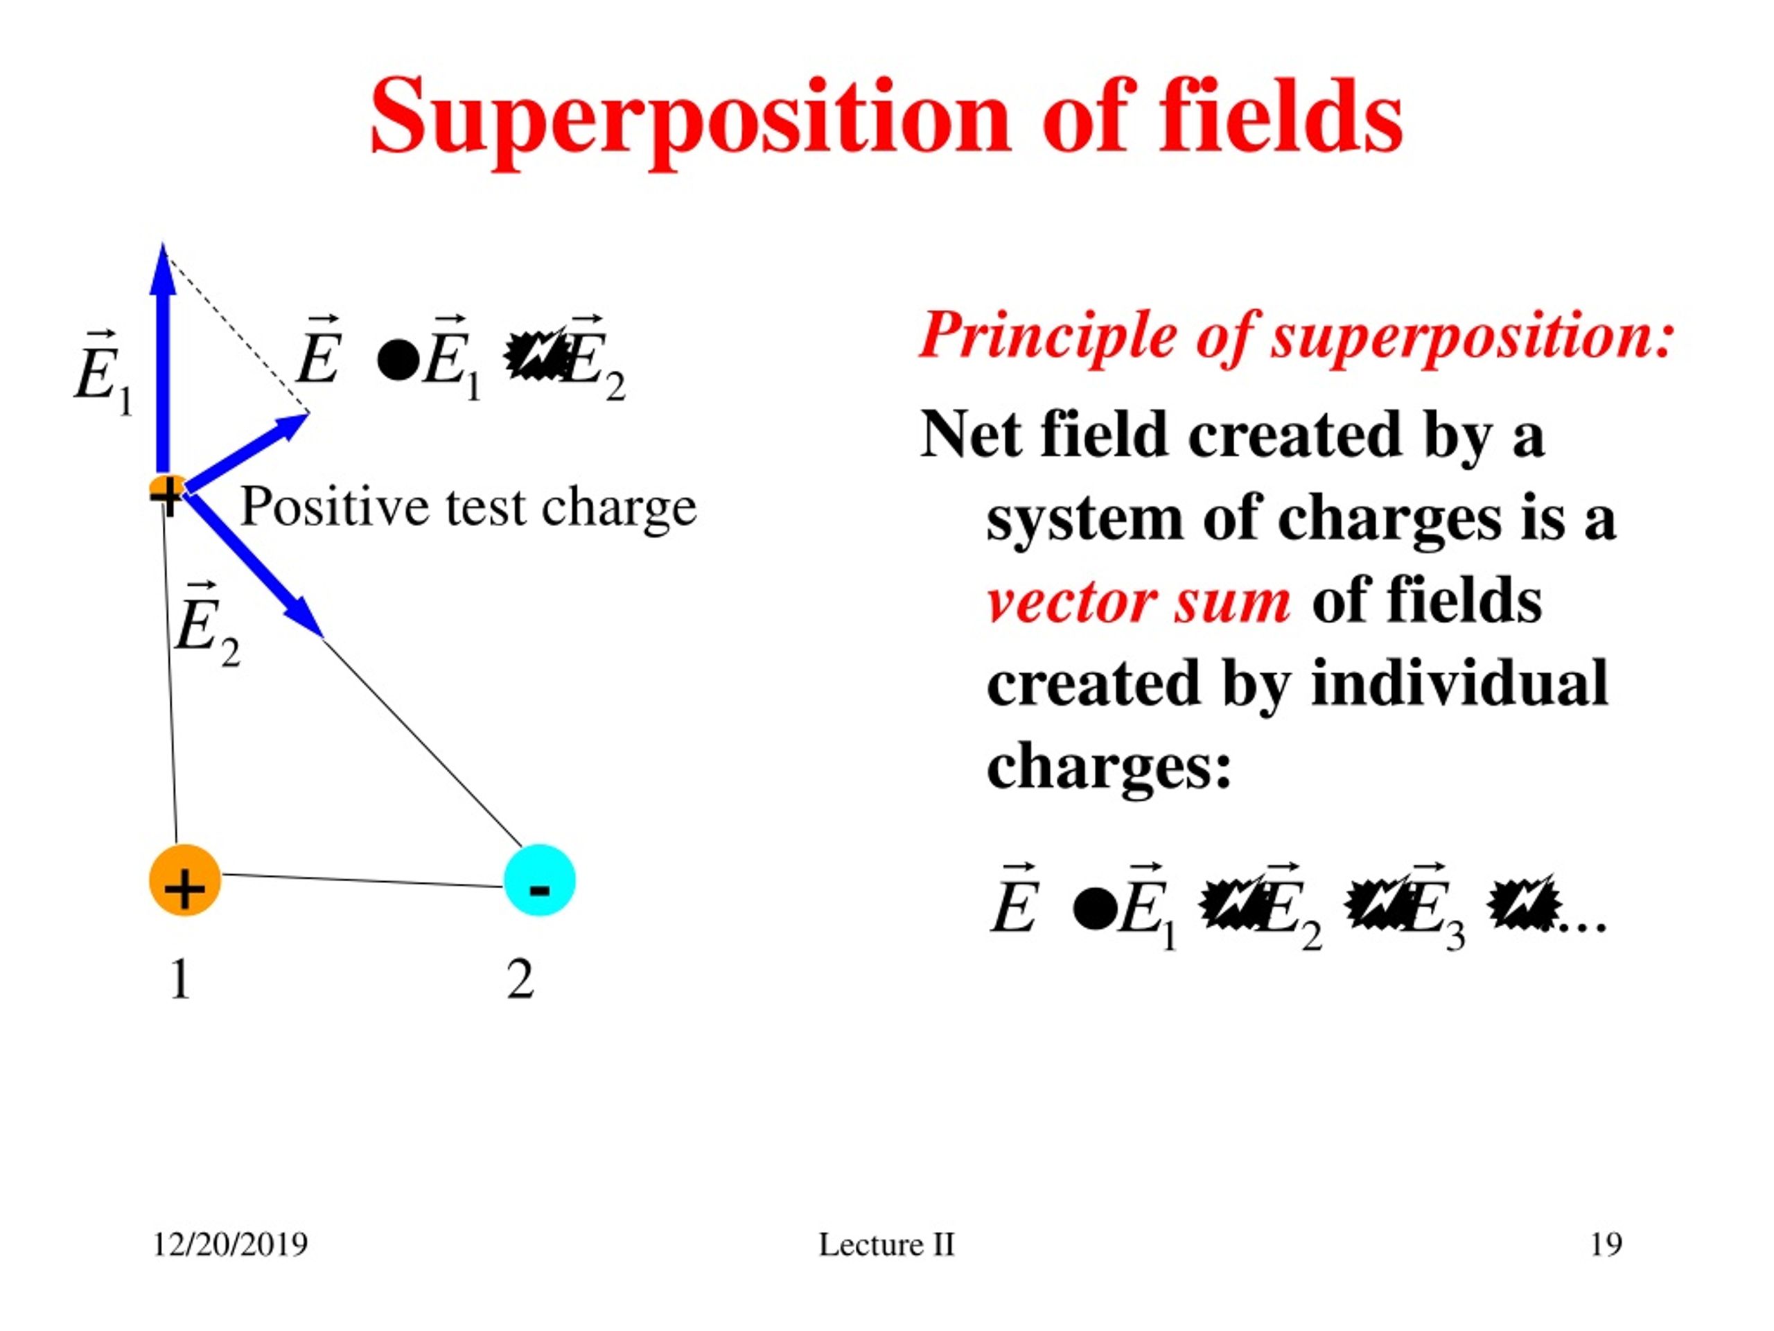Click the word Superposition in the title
coord(690,119)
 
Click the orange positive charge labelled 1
coord(184,880)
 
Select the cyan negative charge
coord(539,880)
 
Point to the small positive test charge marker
coord(167,491)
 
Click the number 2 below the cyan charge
coord(520,980)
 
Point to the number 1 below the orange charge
coord(180,980)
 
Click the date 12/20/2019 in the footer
coord(230,1244)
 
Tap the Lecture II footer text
coord(886,1244)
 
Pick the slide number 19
coord(1606,1244)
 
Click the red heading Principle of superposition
coord(1296,336)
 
